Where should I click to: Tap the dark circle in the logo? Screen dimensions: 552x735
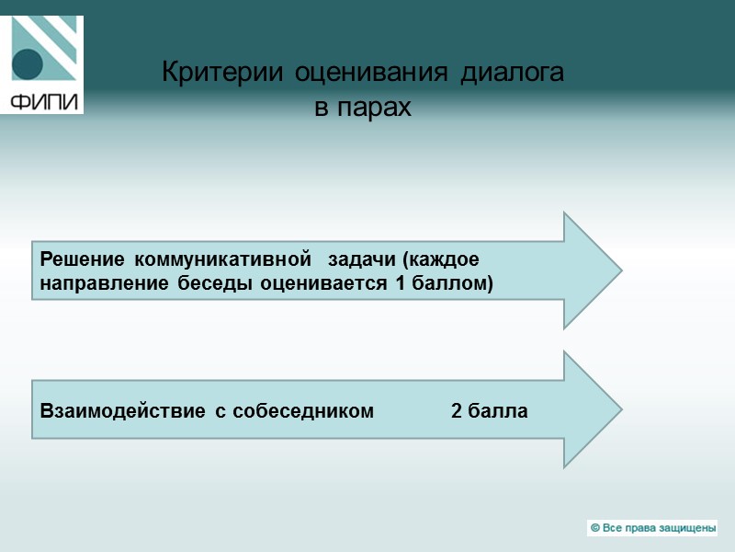click(28, 65)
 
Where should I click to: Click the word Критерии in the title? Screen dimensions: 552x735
click(225, 73)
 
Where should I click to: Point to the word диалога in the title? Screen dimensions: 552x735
click(511, 73)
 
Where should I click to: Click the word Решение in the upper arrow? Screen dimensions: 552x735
click(78, 259)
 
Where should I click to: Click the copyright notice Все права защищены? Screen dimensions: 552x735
click(652, 528)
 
